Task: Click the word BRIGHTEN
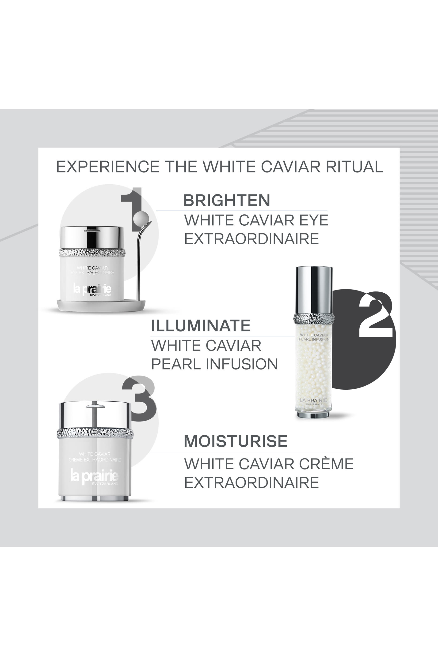click(x=227, y=200)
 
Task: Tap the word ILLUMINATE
click(x=201, y=325)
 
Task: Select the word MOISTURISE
click(x=236, y=441)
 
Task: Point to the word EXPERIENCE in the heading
click(x=107, y=167)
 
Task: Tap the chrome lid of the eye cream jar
click(x=92, y=237)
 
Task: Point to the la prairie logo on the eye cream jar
click(x=92, y=289)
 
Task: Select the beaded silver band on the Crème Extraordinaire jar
click(x=95, y=433)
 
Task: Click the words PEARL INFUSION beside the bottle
click(x=214, y=364)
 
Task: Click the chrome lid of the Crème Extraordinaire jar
click(x=95, y=415)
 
